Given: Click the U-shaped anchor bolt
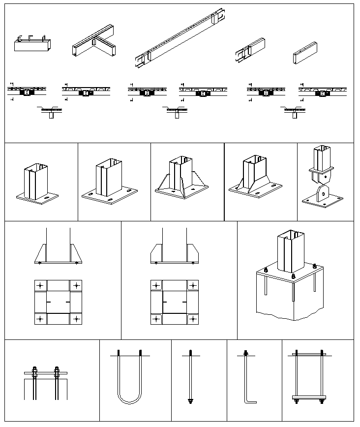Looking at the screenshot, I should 129,379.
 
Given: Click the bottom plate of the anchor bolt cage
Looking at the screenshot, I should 309,397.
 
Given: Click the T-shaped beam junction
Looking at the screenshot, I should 94,46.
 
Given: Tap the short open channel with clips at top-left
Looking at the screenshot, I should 31,44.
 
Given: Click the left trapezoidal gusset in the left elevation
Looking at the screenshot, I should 40,253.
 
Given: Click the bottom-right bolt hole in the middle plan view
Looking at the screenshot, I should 192,319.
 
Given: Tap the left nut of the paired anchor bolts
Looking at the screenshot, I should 34,370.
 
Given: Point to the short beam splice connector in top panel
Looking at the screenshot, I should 250,49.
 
